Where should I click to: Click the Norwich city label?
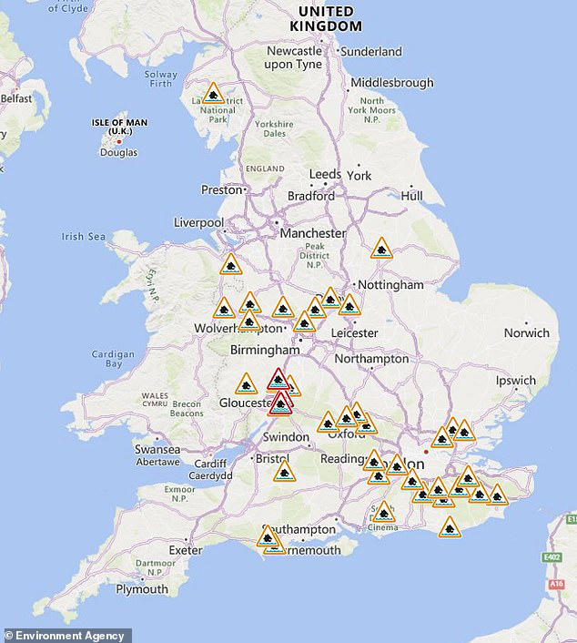[x=527, y=332]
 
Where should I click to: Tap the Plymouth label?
[x=142, y=588]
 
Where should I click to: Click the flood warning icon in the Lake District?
[x=213, y=93]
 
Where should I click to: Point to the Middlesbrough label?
[x=391, y=83]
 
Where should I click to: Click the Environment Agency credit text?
[x=66, y=635]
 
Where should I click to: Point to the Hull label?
[x=411, y=195]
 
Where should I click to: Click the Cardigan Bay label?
[x=113, y=359]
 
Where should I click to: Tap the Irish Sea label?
[x=84, y=237]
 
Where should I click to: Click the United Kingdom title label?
[x=326, y=18]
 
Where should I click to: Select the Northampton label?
[x=371, y=359]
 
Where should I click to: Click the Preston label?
[x=221, y=189]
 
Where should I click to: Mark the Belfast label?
[x=15, y=97]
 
